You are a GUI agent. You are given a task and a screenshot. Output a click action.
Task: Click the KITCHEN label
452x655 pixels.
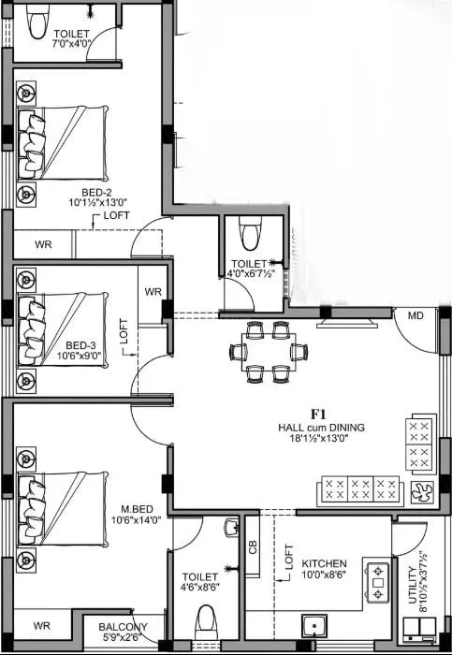(324, 563)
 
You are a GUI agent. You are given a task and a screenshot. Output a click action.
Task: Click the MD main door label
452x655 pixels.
(416, 316)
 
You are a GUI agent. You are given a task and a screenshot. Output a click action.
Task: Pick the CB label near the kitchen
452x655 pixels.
(253, 546)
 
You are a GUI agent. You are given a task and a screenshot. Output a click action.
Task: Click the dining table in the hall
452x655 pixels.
(269, 352)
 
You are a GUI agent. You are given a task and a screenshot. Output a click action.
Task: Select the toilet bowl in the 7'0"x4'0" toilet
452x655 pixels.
(37, 22)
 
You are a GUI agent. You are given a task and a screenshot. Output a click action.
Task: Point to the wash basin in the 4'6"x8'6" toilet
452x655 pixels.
(232, 530)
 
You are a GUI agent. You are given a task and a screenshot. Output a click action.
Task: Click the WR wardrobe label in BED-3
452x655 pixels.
(153, 292)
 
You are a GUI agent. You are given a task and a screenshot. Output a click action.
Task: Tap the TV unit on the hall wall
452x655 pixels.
(347, 323)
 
